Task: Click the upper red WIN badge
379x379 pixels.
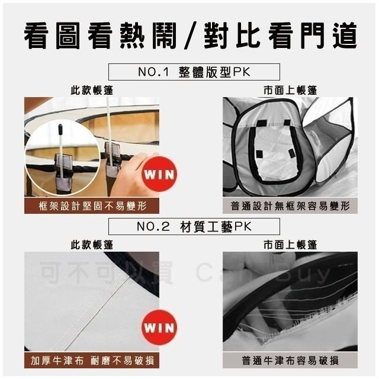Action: click(159, 175)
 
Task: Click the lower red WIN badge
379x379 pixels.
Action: click(159, 327)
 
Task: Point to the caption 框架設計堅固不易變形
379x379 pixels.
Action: click(92, 206)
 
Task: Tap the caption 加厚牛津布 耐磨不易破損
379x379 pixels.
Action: click(92, 360)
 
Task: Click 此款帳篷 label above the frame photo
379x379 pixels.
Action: click(92, 91)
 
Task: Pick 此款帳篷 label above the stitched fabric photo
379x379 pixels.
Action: click(92, 244)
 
